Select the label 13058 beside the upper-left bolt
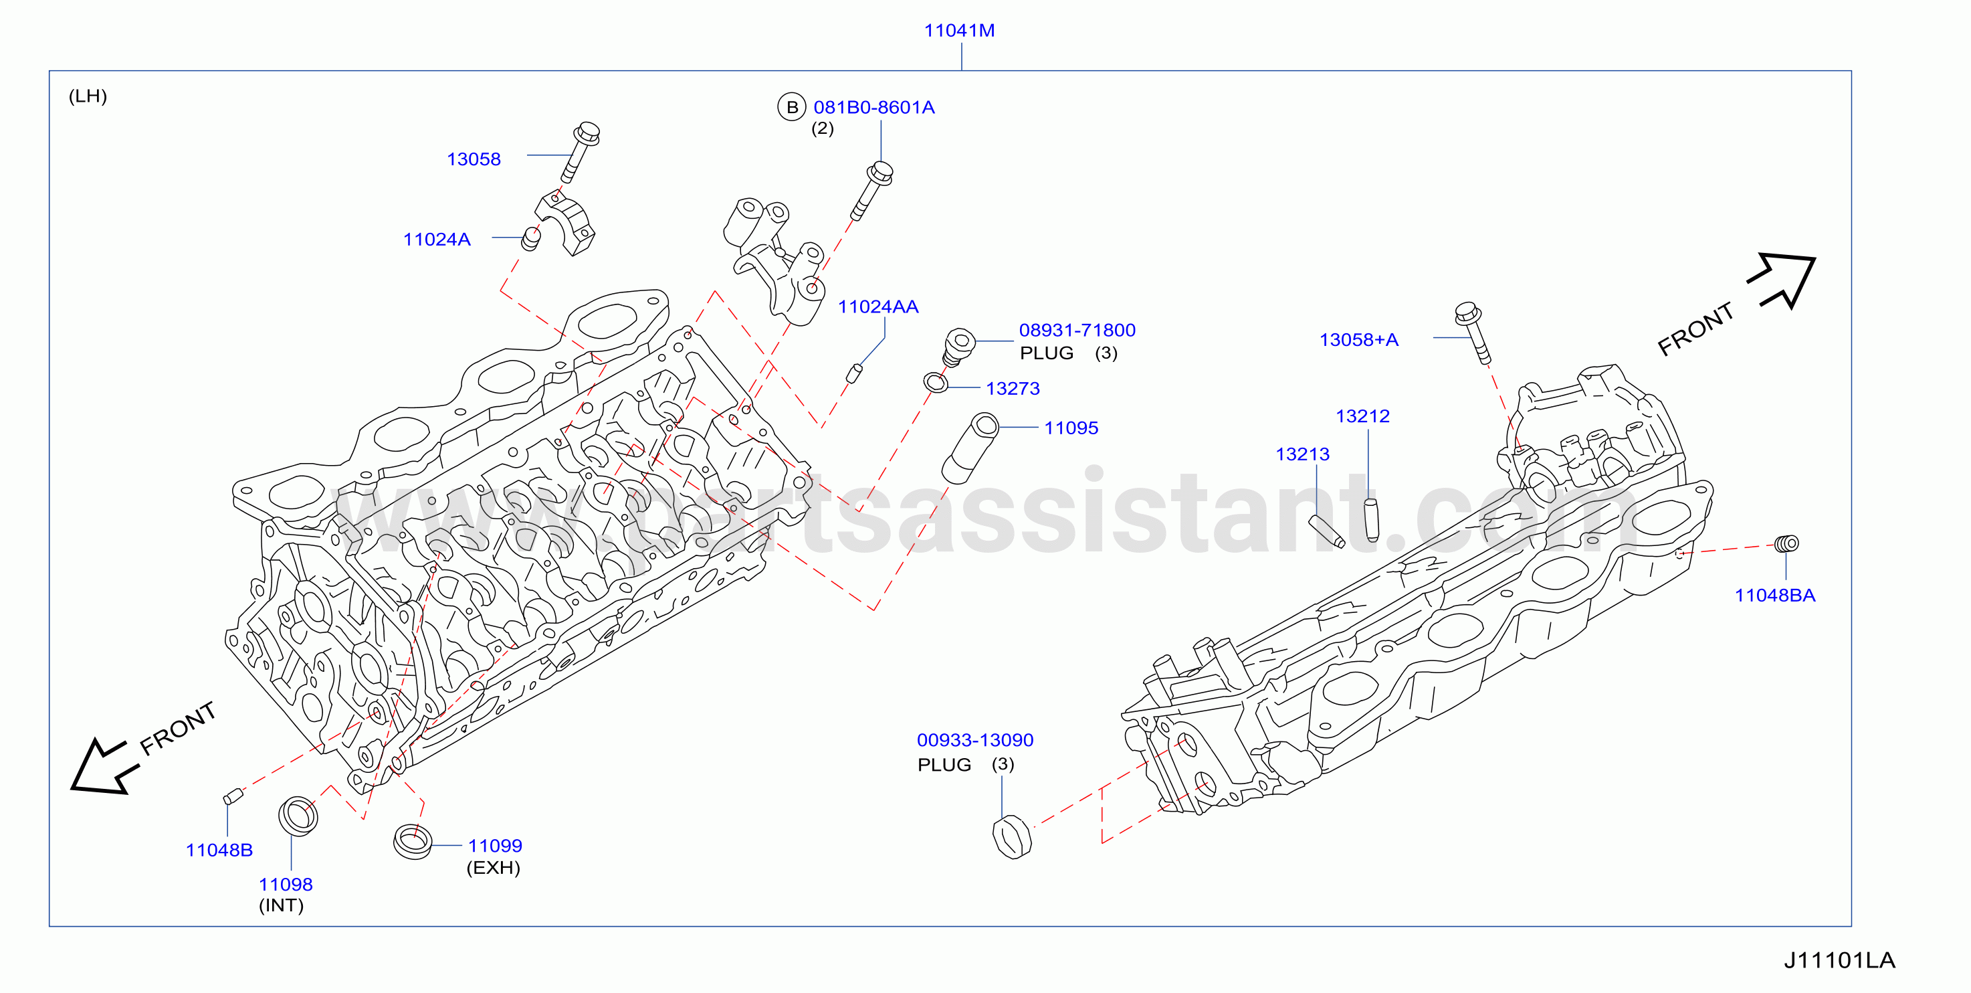click(x=474, y=159)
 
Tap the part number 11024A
click(x=436, y=240)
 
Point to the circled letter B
click(x=792, y=107)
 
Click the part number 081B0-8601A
click(x=873, y=107)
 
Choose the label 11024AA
click(x=877, y=307)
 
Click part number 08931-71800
click(x=1077, y=330)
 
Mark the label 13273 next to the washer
click(x=1013, y=389)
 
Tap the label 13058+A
click(x=1358, y=340)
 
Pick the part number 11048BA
click(x=1774, y=596)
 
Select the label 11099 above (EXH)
click(x=495, y=846)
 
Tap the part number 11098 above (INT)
click(x=286, y=885)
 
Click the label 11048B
click(x=219, y=850)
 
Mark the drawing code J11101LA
click(x=1839, y=961)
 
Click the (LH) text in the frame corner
click(x=88, y=96)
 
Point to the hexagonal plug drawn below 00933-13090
click(x=1011, y=838)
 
